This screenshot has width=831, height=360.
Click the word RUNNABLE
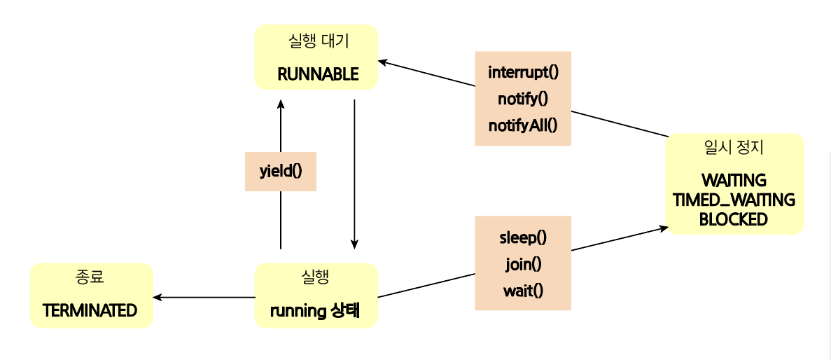(x=318, y=74)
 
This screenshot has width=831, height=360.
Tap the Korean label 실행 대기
(x=319, y=41)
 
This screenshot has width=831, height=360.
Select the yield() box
(x=280, y=171)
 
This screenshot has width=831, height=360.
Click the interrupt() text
(x=523, y=71)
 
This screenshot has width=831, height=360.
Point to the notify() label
(x=523, y=99)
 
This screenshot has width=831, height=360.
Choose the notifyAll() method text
(x=523, y=125)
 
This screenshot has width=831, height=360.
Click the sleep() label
(x=523, y=237)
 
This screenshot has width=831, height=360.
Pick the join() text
(x=523, y=263)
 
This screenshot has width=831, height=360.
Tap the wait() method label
(x=523, y=290)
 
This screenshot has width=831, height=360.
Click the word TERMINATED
(x=90, y=311)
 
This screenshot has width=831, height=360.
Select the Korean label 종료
(x=90, y=277)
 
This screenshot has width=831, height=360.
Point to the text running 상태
(x=315, y=311)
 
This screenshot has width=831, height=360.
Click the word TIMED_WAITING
(x=734, y=200)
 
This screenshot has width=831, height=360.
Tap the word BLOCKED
(x=734, y=219)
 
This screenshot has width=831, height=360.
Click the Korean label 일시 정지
(x=734, y=148)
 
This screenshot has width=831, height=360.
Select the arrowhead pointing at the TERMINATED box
(x=158, y=298)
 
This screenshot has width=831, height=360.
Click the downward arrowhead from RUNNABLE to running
(x=355, y=244)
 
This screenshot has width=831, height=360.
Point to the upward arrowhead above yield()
(x=281, y=104)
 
